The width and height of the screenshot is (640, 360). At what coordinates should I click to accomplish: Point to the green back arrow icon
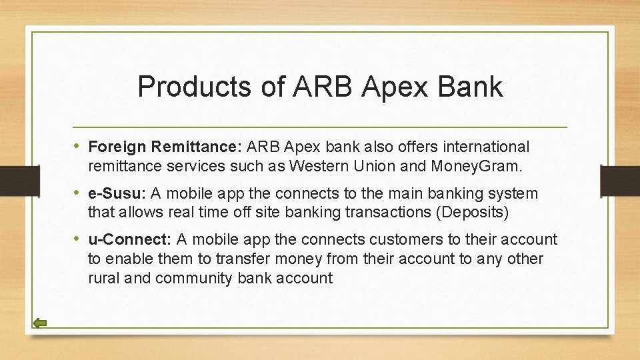[40, 323]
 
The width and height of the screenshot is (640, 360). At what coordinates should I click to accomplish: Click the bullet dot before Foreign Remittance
[79, 146]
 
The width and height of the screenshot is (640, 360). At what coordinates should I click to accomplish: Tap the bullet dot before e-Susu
[79, 193]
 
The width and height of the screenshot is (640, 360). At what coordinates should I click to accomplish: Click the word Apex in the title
[386, 87]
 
